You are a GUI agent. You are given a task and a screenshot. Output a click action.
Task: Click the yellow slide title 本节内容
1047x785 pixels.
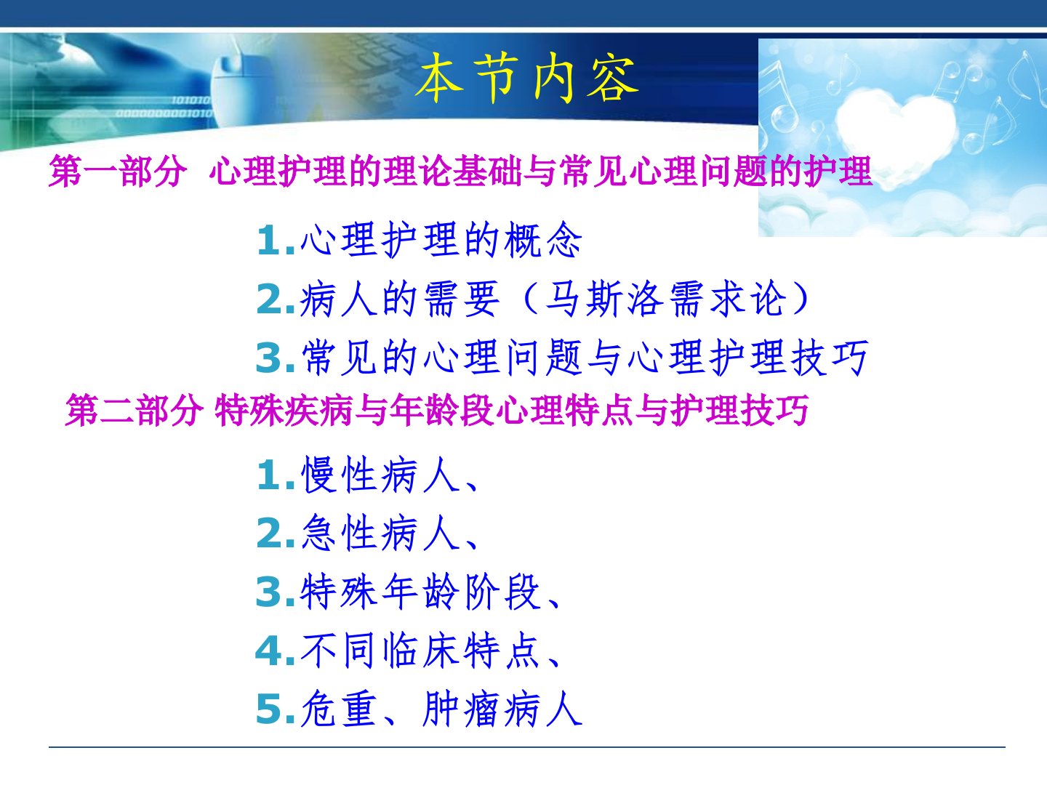click(x=526, y=78)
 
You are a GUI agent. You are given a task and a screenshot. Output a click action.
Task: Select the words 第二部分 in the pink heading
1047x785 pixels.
click(x=134, y=411)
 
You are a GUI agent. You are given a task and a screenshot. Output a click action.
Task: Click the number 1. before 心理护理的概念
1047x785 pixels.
click(x=276, y=241)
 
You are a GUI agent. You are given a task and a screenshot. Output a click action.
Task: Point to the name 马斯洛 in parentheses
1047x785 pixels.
click(x=604, y=299)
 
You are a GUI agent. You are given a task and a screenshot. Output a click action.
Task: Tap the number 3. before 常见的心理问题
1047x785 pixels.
click(x=276, y=358)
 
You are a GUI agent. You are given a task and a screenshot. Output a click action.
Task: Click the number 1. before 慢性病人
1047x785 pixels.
click(x=276, y=475)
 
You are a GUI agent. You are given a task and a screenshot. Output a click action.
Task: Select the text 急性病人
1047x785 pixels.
click(x=381, y=534)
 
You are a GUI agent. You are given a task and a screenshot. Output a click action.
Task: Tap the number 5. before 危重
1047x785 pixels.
click(x=276, y=709)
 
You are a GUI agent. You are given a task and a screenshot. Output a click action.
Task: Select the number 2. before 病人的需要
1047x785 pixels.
click(x=276, y=299)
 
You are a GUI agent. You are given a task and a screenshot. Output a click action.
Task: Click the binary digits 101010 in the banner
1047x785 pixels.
click(x=190, y=100)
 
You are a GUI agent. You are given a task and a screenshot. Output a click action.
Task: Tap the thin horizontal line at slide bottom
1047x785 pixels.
click(x=526, y=747)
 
